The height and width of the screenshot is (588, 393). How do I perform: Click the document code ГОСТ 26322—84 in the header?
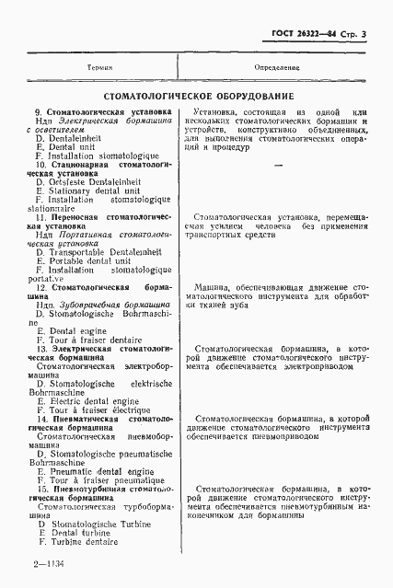coord(305,35)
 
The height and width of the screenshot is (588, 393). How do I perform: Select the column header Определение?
coord(277,68)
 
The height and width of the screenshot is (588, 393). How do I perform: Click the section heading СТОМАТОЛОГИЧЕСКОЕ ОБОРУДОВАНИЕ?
coord(198,95)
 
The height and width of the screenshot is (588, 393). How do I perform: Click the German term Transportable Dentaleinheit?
coord(101,252)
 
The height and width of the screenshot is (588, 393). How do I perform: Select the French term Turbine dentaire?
coord(85,542)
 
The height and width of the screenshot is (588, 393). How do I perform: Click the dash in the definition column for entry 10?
coord(277,165)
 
